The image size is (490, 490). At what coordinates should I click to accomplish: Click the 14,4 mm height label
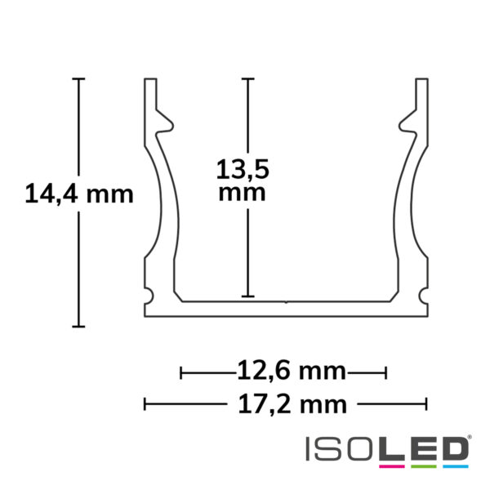click(x=79, y=195)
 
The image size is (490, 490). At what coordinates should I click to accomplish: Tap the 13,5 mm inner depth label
click(x=242, y=180)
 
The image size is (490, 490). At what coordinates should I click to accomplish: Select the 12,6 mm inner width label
click(x=283, y=373)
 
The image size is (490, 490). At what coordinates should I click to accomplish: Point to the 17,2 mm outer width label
click(x=283, y=403)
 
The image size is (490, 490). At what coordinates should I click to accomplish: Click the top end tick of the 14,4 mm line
click(x=78, y=79)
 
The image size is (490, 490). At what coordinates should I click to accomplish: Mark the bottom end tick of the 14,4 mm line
click(x=78, y=327)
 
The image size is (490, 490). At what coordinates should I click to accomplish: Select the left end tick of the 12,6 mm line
click(x=181, y=373)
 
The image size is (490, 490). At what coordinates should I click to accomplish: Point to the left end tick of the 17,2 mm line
click(x=145, y=403)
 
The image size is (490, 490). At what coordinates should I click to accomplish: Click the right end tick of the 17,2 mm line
click(x=426, y=403)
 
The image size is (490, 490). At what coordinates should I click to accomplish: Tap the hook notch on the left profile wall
click(x=167, y=123)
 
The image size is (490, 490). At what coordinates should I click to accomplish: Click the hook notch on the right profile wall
click(x=405, y=123)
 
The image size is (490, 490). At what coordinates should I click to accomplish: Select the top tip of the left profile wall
click(x=150, y=81)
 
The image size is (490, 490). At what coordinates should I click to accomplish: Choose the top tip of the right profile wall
click(x=421, y=81)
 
